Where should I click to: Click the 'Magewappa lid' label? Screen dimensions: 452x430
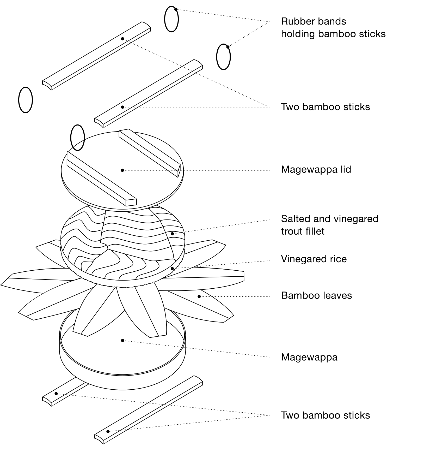pyautogui.click(x=316, y=170)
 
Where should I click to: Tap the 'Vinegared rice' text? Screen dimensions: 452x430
pyautogui.click(x=314, y=259)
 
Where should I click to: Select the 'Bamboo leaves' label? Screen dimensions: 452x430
pyautogui.click(x=316, y=296)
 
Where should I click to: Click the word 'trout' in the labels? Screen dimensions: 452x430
pyautogui.click(x=290, y=231)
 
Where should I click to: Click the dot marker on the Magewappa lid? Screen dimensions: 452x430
pyautogui.click(x=122, y=170)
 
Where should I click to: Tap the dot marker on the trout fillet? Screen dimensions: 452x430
pyautogui.click(x=172, y=234)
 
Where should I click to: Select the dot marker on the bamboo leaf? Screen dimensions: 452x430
pyautogui.click(x=199, y=296)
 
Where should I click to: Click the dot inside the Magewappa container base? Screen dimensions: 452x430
pyautogui.click(x=122, y=340)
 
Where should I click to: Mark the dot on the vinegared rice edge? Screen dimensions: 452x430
pyautogui.click(x=172, y=269)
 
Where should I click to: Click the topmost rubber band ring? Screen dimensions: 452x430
pyautogui.click(x=171, y=19)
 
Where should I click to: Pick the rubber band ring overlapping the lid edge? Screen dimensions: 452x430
pyautogui.click(x=78, y=138)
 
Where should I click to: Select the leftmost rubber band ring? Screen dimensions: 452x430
pyautogui.click(x=26, y=100)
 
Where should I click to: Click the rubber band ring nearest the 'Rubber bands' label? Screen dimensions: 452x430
pyautogui.click(x=223, y=57)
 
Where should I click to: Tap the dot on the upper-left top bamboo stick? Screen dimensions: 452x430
pyautogui.click(x=122, y=39)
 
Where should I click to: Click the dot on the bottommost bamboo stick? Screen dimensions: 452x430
pyautogui.click(x=108, y=432)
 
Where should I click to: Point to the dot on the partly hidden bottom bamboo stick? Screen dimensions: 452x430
pyautogui.click(x=56, y=394)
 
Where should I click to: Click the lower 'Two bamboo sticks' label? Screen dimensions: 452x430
pyautogui.click(x=325, y=415)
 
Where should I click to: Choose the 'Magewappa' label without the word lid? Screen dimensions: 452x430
pyautogui.click(x=309, y=357)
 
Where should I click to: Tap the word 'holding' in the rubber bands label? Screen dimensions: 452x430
pyautogui.click(x=298, y=34)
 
